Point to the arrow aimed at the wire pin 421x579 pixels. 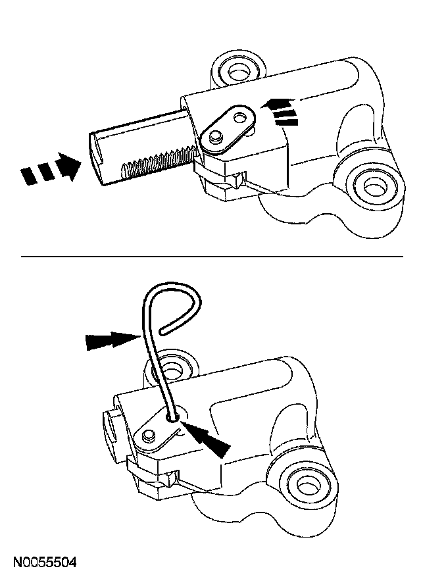[112, 340]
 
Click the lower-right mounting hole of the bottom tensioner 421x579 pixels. [307, 486]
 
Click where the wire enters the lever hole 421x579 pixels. [172, 416]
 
